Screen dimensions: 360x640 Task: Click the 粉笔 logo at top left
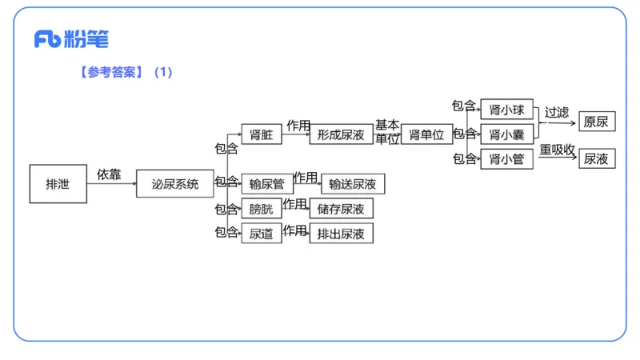pos(71,39)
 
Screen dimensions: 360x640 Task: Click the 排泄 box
pos(58,184)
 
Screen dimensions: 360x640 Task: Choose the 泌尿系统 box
pos(175,184)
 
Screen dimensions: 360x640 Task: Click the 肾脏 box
pos(262,134)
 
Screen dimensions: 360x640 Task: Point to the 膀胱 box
pos(262,209)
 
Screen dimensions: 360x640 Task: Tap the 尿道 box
pos(262,234)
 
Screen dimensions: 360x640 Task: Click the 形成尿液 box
pos(342,134)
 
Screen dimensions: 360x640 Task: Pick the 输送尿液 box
pos(353,184)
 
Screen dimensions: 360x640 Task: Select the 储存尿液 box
pos(342,209)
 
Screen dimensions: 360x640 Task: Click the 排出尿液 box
pos(342,234)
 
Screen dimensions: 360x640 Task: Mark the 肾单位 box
pos(426,134)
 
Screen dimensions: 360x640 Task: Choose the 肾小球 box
pos(506,110)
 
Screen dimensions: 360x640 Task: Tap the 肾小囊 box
pos(506,134)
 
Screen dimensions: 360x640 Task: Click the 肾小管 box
pos(506,159)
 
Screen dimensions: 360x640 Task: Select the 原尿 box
pos(597,122)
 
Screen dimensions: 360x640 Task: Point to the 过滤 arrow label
pos(557,112)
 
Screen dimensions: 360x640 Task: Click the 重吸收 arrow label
pos(557,150)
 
